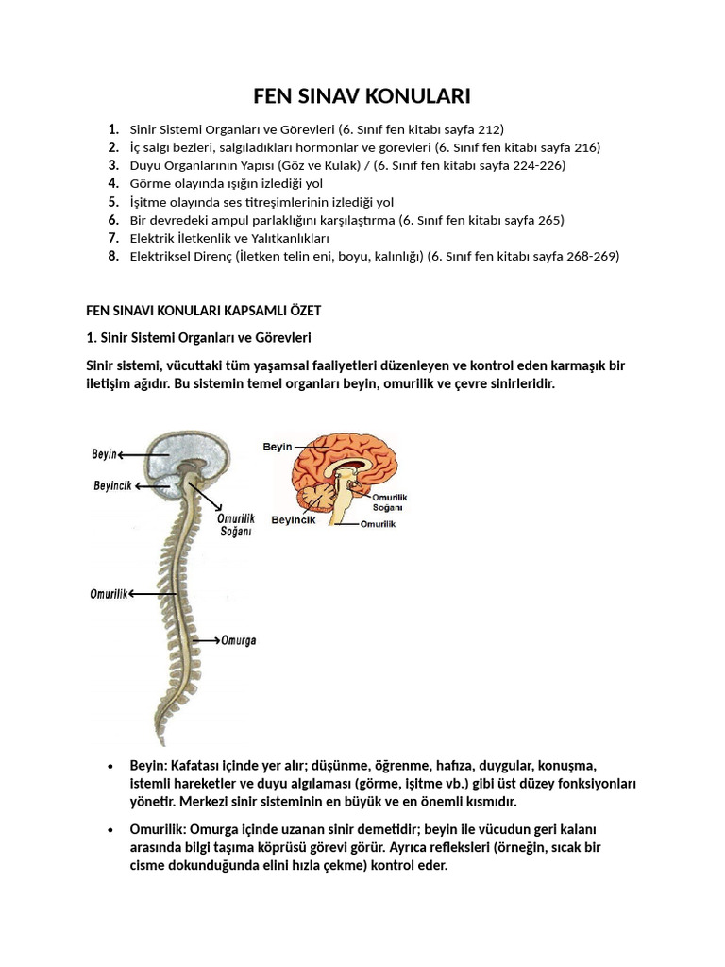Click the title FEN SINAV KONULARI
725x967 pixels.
coord(362,96)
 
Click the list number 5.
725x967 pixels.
coord(113,202)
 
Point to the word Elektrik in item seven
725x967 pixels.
coord(154,238)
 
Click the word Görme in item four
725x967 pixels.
coord(149,184)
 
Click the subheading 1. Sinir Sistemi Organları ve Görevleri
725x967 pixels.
coord(198,337)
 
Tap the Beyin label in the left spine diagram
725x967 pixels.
coord(104,454)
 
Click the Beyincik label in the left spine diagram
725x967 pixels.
coord(111,486)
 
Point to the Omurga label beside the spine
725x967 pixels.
coord(238,640)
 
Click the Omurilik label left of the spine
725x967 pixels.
coord(109,593)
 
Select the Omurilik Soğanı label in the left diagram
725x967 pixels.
coord(236,525)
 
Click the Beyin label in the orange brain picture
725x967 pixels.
coord(278,446)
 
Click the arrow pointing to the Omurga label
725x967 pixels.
coord(206,640)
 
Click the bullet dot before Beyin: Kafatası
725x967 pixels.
coord(110,766)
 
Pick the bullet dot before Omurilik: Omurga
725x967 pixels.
coord(110,829)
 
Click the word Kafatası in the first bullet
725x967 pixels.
coord(195,765)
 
